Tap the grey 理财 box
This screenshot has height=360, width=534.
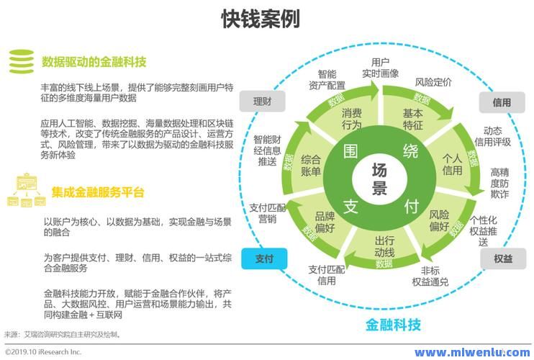click(261, 102)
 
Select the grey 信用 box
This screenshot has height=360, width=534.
click(502, 103)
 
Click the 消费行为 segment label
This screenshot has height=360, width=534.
click(352, 119)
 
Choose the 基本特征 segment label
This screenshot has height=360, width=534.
click(412, 120)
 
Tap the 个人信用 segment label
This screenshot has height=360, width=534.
click(451, 164)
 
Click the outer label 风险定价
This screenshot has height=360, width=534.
click(433, 82)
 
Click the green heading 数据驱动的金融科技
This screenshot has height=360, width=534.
click(94, 60)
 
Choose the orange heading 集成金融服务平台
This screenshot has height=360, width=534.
click(98, 192)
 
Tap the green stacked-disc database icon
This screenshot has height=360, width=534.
click(18, 60)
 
